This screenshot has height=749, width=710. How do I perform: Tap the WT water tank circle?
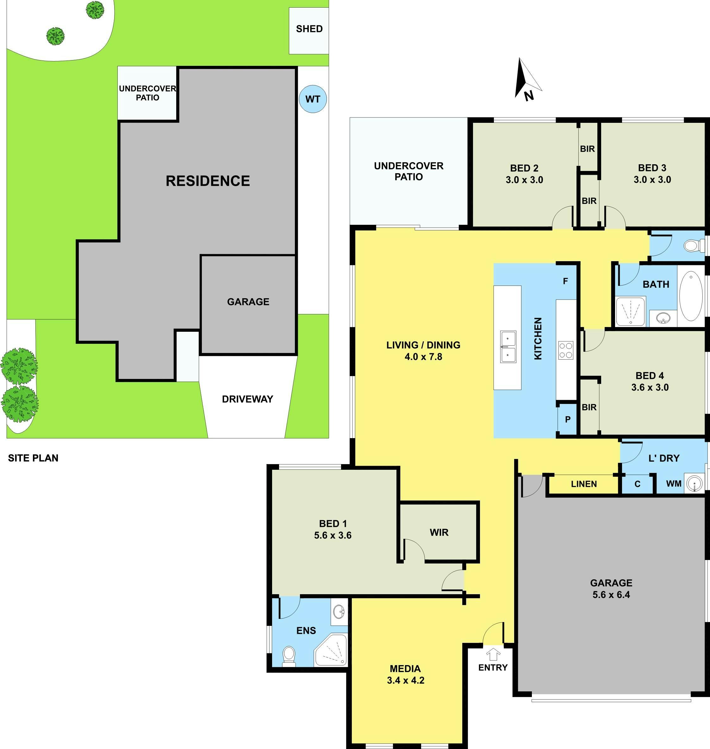click(313, 99)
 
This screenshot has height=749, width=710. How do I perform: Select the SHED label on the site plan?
click(309, 29)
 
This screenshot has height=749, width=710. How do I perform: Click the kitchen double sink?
click(508, 346)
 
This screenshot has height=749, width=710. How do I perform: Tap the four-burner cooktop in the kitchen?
click(565, 350)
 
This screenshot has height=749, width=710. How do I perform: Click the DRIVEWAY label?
click(247, 399)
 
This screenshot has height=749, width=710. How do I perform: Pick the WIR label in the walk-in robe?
click(439, 532)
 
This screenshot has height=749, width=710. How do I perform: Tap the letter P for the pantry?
click(568, 419)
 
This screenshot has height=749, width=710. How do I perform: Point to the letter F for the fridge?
click(565, 281)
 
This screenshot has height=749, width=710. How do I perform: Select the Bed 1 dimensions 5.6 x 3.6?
click(333, 535)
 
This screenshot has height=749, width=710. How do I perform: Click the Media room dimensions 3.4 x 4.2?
click(405, 680)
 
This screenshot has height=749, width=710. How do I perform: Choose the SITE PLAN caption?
click(33, 458)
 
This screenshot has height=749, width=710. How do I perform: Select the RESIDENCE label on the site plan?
click(208, 181)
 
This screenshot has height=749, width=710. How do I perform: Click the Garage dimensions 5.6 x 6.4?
click(611, 595)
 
